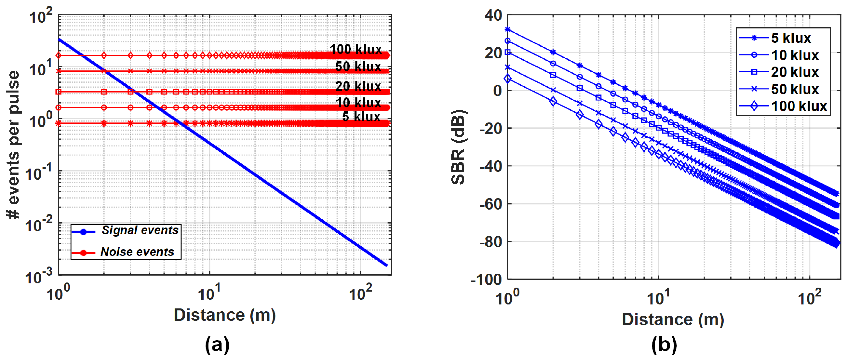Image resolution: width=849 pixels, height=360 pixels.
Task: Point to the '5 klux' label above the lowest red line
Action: (361, 117)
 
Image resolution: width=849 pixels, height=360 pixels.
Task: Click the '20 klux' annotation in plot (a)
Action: (358, 86)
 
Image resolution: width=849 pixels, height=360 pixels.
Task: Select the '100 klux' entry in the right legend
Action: (799, 106)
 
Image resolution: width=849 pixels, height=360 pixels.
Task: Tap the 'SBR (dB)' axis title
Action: (458, 147)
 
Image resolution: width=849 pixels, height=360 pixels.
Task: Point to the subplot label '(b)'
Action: (664, 344)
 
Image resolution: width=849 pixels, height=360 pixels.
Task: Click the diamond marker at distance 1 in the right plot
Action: (508, 79)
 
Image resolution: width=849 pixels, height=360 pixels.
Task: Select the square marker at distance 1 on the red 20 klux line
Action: (59, 92)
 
